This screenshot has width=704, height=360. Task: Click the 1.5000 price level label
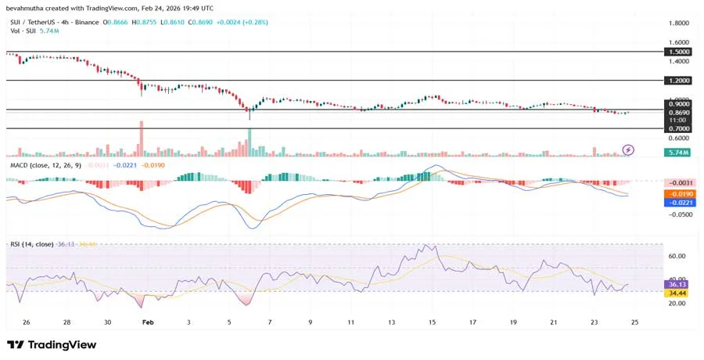677,52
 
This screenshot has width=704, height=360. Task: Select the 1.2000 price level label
677,81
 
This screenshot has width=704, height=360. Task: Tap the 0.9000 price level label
677,103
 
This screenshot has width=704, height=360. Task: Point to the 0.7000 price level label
677,128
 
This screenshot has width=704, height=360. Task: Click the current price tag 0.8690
677,113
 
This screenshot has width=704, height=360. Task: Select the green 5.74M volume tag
677,153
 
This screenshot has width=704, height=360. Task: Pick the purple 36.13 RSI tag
676,284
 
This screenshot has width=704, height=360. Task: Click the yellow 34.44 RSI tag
676,293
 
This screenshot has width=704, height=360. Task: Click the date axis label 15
433,322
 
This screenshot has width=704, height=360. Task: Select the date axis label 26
27,322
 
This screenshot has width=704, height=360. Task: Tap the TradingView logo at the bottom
52,344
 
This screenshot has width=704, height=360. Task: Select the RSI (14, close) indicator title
32,244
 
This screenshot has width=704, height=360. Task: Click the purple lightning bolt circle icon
627,149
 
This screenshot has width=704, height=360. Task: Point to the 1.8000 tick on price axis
677,23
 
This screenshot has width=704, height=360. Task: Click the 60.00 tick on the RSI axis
677,256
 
